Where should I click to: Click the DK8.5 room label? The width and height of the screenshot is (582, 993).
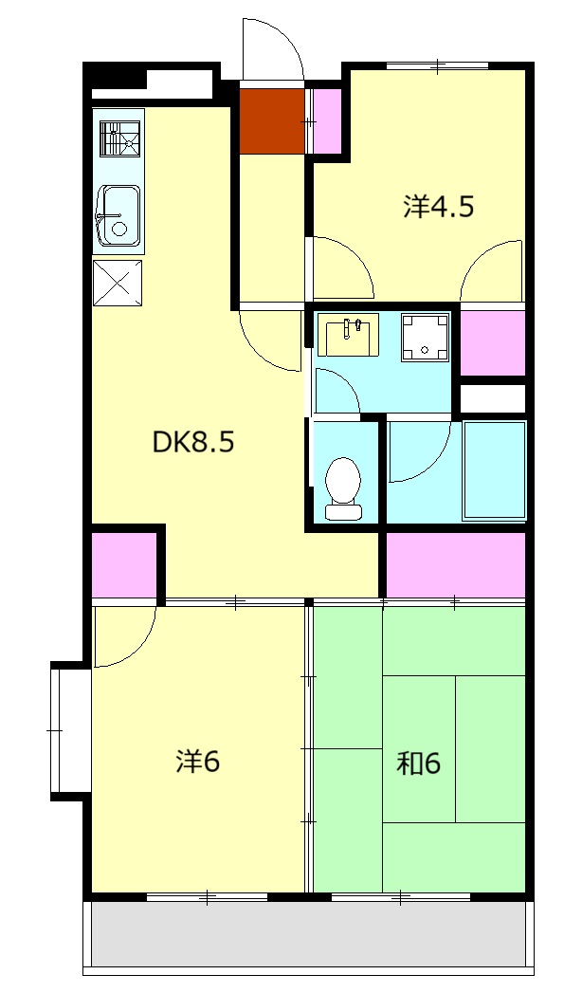click(x=193, y=442)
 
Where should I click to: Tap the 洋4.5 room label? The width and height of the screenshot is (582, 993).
click(x=439, y=207)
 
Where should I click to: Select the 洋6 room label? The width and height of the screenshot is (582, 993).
click(x=198, y=762)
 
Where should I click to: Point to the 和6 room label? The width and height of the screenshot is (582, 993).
click(x=418, y=763)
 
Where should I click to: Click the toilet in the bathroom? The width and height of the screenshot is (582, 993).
click(x=343, y=488)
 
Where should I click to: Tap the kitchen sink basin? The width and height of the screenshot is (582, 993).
click(x=118, y=216)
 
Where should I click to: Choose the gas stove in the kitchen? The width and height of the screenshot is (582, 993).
click(x=119, y=138)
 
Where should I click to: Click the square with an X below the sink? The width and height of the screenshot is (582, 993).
click(x=118, y=283)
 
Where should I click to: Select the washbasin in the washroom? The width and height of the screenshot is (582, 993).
click(x=348, y=334)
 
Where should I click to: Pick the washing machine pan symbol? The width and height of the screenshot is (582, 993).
click(x=425, y=338)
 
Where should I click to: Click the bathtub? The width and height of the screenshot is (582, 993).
click(x=495, y=469)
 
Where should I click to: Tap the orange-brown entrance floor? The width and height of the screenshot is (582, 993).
click(x=273, y=120)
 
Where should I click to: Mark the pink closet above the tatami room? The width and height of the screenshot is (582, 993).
click(x=456, y=565)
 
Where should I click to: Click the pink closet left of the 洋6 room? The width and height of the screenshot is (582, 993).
click(x=124, y=565)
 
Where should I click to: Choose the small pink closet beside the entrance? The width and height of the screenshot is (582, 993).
click(x=327, y=120)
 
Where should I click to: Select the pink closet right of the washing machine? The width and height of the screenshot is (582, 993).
click(x=493, y=342)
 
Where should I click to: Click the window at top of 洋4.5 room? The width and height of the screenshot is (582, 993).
click(x=437, y=65)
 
